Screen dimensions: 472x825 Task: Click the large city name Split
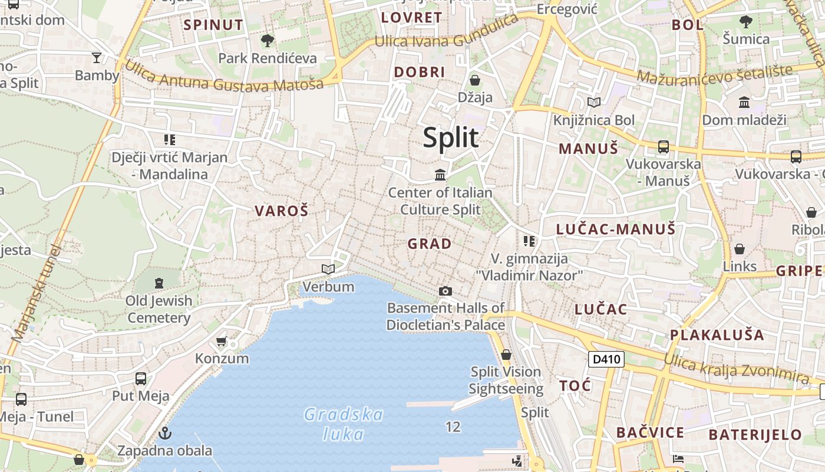[451, 137]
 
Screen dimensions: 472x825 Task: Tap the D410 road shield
[606, 359]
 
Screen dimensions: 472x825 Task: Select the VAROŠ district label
[281, 211]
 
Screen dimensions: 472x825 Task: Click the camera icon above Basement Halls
[445, 291]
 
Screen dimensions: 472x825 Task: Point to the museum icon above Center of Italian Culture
[440, 175]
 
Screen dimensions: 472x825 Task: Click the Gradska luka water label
[344, 424]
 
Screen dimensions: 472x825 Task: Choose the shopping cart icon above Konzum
[222, 341]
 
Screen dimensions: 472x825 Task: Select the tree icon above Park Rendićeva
[268, 41]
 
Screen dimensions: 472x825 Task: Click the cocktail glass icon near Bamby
[97, 57]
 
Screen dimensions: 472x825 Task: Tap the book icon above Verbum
[328, 270]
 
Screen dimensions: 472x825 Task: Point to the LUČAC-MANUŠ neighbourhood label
[616, 230]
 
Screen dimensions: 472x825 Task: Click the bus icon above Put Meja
[141, 379]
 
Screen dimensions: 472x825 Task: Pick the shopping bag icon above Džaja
[475, 80]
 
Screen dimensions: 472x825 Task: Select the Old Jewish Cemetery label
[159, 309]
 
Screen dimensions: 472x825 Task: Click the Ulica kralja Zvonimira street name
[737, 367]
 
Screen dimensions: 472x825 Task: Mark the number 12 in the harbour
[453, 427]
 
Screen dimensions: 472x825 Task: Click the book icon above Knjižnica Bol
[594, 102]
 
